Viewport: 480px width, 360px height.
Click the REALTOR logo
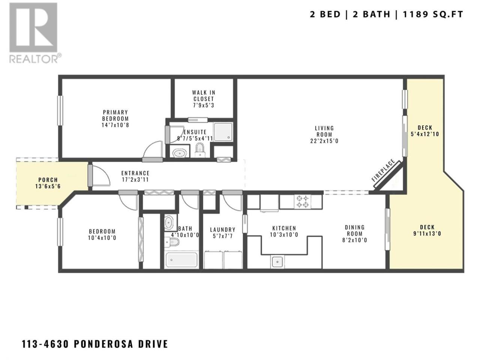coord(35,33)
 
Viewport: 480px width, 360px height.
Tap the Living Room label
coord(324,131)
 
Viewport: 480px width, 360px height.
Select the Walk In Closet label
coord(204,96)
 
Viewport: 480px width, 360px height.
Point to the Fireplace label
coord(383,171)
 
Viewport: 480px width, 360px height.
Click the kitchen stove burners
coord(302,201)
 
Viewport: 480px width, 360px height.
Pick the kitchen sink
coord(277,261)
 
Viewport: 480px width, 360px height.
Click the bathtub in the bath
coord(181,260)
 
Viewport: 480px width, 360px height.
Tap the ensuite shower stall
coord(223,132)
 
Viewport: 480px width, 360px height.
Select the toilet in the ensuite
coord(199,150)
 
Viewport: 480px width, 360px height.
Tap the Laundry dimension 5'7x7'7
coord(223,236)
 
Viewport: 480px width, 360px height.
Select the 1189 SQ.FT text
coord(433,14)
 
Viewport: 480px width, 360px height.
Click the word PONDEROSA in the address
coord(103,344)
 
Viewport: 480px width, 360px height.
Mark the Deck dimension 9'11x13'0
coord(427,234)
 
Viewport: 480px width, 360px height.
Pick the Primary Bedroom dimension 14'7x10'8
coord(115,125)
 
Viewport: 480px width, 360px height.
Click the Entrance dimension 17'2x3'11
coord(135,180)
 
